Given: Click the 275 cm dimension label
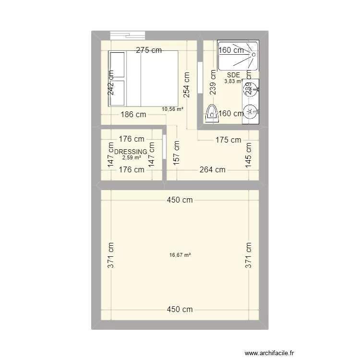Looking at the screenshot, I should (148, 50).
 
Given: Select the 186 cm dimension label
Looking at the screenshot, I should (133, 115).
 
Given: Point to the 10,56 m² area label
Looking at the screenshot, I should (173, 109).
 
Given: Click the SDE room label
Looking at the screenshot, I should (233, 75).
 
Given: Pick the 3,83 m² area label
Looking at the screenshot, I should (233, 81).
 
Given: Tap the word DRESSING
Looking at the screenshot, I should (131, 152).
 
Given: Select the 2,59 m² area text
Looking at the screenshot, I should (131, 157).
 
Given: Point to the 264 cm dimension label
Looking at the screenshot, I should (213, 169).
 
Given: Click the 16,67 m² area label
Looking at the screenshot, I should (180, 255).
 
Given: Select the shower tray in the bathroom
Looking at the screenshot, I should (238, 56).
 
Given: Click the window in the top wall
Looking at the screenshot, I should (128, 36).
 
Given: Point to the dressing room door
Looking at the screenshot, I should (164, 146).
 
